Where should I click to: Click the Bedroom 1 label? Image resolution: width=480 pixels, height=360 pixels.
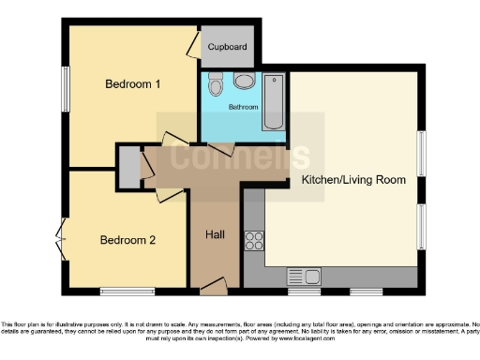coord(132,83)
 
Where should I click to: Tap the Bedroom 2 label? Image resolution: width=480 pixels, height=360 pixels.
coord(127,240)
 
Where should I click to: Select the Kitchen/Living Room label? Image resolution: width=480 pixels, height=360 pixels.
coord(353,179)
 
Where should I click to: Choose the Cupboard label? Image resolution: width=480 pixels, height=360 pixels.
coord(227,46)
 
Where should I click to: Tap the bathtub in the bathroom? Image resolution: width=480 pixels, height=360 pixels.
coord(274,101)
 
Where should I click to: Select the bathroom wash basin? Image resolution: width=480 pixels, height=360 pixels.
coord(246,82)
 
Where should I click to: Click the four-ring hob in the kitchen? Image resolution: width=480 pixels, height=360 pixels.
coord(254,240)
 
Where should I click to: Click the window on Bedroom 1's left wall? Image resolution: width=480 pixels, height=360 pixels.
coord(65,88)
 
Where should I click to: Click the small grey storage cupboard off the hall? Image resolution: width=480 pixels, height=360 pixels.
coord(127,167)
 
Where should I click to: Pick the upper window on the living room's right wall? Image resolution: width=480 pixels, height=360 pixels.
coord(421,153)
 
